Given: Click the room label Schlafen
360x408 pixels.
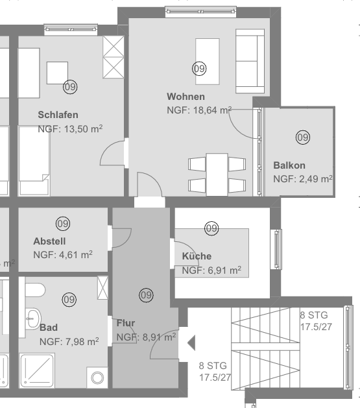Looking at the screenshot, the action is point(58,115).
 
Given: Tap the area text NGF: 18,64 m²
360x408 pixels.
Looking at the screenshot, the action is point(199,110).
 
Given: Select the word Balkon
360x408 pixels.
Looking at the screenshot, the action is point(289,165).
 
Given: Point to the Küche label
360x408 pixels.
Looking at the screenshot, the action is point(197,256).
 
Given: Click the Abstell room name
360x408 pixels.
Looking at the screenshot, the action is point(49,241).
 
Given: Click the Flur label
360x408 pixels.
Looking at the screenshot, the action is point(126,323).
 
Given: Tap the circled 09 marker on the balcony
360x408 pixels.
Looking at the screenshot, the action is point(303,137).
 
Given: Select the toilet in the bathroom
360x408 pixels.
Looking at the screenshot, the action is point(36,290).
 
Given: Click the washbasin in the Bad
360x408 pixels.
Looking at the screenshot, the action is point(34,318).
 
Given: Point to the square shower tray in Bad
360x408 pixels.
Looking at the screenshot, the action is point(38,370).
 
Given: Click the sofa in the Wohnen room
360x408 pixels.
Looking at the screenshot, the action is point(250,61).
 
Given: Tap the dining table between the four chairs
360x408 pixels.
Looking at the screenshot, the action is point(217,174).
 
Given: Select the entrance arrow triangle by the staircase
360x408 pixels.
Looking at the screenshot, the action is point(191,342).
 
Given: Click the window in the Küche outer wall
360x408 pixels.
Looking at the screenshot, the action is point(276,249).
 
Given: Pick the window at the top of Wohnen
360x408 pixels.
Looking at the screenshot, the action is point(201,12).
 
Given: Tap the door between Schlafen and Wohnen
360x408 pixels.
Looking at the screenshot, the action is point(113,153).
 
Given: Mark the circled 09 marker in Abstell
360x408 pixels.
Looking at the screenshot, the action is point(63,224).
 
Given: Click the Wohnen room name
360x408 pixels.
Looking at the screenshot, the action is point(186,97).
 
